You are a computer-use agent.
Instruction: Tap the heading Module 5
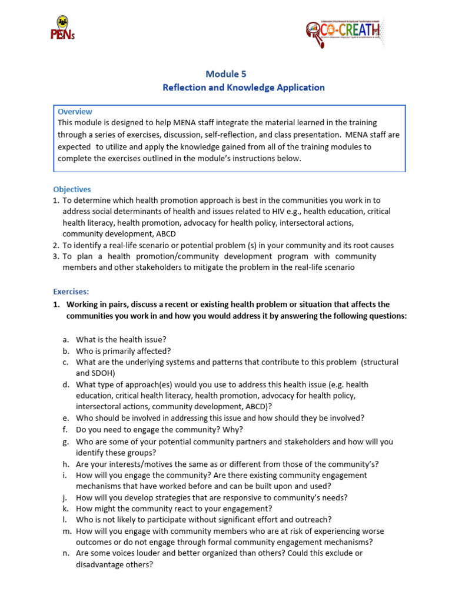(x=226, y=73)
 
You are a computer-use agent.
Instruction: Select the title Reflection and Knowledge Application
(x=243, y=88)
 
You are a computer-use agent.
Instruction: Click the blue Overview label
(x=75, y=112)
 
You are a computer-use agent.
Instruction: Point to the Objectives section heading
(x=72, y=189)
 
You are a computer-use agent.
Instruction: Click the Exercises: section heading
(x=71, y=291)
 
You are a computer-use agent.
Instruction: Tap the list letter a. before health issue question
(x=66, y=339)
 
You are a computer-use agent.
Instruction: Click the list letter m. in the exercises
(x=67, y=531)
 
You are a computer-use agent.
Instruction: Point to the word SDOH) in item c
(x=102, y=373)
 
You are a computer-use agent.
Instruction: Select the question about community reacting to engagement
(x=174, y=508)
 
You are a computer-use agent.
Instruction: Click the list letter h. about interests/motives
(x=66, y=463)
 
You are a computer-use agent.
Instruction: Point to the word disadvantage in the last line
(x=101, y=564)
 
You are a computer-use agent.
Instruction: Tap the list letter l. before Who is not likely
(x=65, y=519)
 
